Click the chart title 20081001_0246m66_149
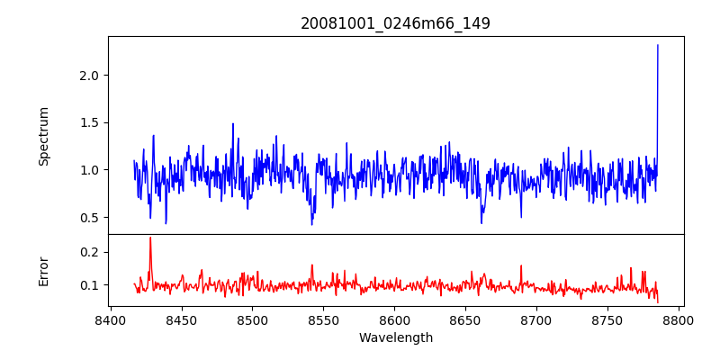(x=395, y=23)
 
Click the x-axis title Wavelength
(x=395, y=337)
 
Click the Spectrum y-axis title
(x=43, y=136)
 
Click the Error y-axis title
(x=43, y=271)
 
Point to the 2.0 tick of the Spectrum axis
(x=87, y=75)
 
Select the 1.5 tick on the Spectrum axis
(x=87, y=122)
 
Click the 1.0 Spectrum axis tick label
(x=87, y=169)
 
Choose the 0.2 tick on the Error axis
(x=87, y=252)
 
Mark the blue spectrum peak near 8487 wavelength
(x=233, y=125)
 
